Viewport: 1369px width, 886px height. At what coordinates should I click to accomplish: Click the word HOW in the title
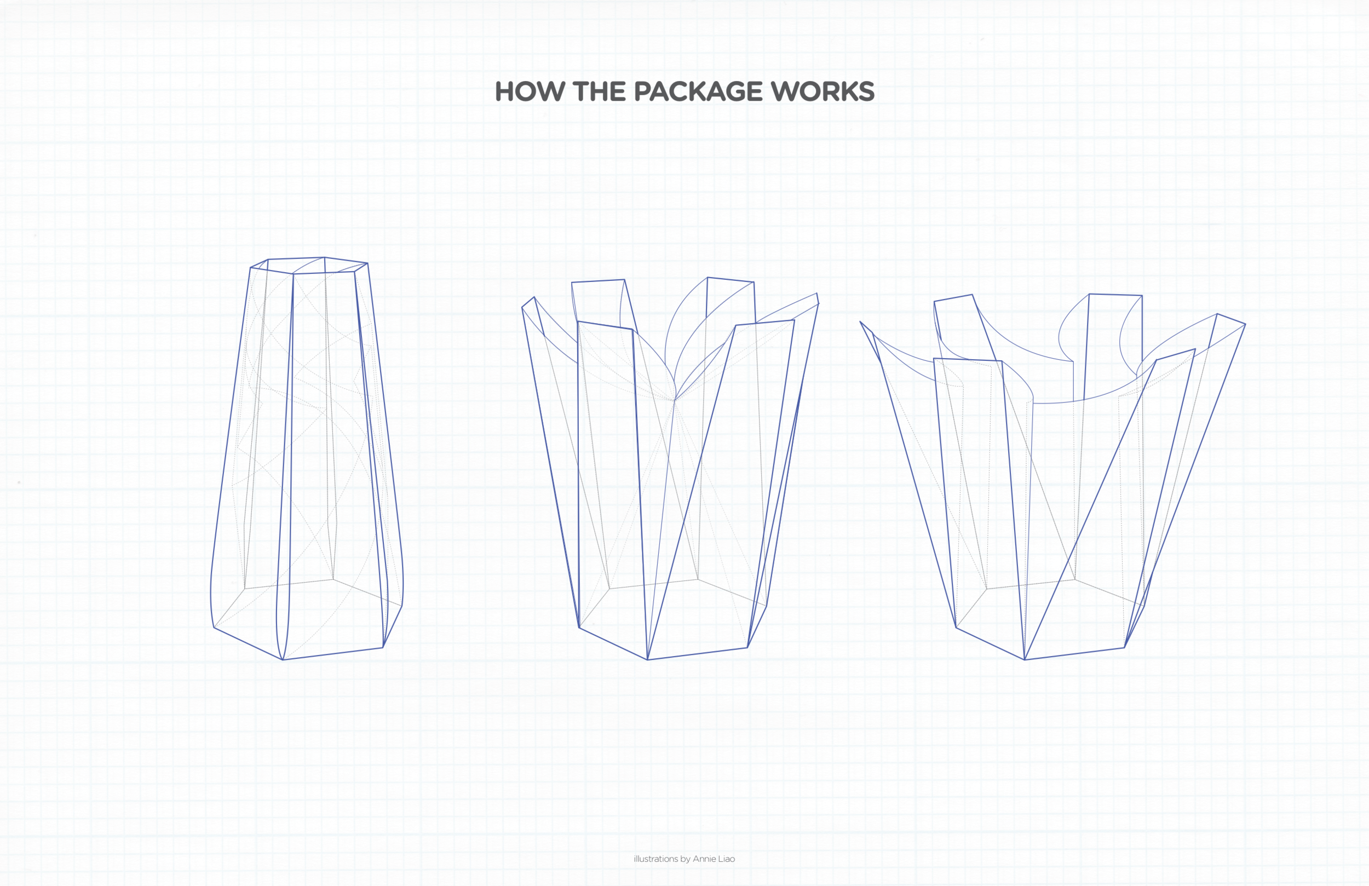[530, 91]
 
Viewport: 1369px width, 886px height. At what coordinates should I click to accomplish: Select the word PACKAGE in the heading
[698, 91]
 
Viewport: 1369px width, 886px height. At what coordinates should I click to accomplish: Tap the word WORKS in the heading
[822, 91]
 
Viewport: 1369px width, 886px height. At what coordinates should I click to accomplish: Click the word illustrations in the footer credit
[655, 859]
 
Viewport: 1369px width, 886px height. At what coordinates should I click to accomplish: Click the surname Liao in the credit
[726, 859]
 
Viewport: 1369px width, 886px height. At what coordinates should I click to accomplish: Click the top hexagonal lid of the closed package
[309, 265]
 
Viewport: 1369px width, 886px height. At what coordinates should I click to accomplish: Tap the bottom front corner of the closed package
[283, 659]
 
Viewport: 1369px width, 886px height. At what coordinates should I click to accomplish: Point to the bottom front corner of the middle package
[648, 659]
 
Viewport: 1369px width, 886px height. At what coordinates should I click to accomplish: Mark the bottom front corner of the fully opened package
[1025, 659]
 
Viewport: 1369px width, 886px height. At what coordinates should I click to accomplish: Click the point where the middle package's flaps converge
[674, 399]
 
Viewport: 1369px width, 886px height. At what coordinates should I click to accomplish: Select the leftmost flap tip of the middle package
[522, 307]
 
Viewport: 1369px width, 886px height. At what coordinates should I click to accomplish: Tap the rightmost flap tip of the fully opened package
[1245, 325]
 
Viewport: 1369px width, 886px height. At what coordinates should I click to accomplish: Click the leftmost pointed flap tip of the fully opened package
[860, 322]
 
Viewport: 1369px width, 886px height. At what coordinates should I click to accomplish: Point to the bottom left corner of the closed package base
[214, 627]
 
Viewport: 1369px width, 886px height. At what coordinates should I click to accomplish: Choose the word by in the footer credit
[685, 859]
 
